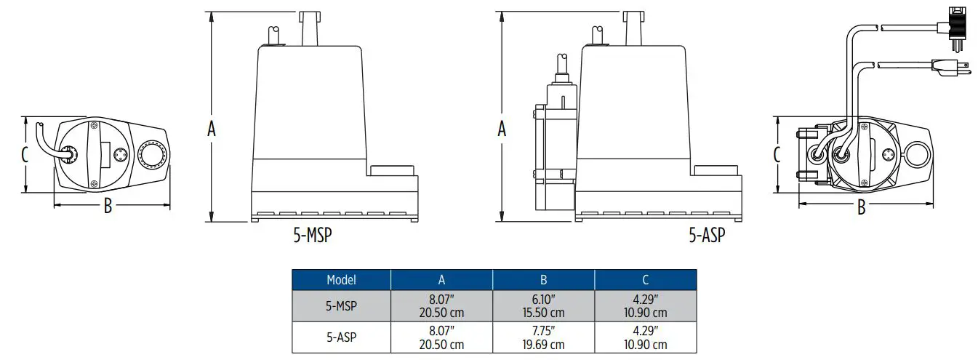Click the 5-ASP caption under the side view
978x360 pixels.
pos(706,236)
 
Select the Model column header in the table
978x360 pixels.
pos(341,279)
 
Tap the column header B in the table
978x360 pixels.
pos(543,279)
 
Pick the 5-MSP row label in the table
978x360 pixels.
pos(341,306)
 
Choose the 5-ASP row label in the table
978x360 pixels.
pos(341,337)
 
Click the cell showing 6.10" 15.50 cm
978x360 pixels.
pos(543,306)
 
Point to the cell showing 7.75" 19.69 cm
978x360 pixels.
pos(543,337)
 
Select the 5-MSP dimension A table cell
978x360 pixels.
pos(441,306)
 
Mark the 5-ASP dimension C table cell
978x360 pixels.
pos(645,337)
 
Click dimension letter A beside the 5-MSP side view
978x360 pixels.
pos(212,129)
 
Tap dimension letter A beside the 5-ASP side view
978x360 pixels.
pos(501,129)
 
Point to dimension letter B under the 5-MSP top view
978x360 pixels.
pos(108,207)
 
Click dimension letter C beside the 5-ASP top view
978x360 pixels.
pos(777,154)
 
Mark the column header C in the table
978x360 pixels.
pos(645,279)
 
